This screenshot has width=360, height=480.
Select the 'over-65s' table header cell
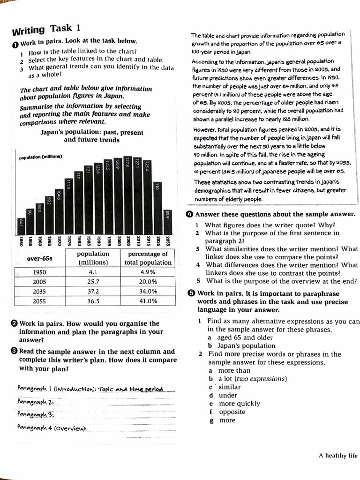point(39,258)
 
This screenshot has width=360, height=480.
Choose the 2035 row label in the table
point(39,292)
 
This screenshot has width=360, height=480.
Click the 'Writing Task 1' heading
point(46,29)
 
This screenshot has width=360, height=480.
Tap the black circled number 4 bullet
point(190,214)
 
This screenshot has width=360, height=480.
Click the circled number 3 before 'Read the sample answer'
point(14,352)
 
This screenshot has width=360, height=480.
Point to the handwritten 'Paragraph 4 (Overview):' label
point(52,427)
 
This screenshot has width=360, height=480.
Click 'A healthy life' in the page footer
point(337,455)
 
